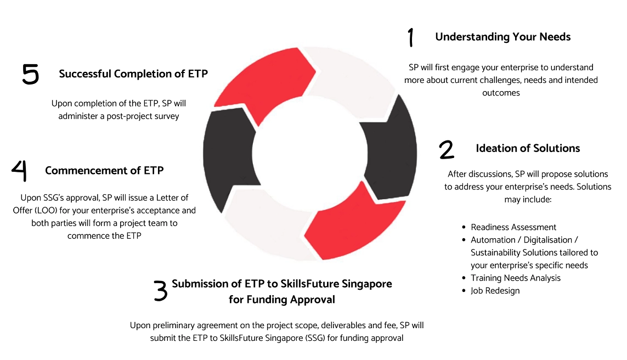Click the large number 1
pos(411,37)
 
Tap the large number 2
pos(446,149)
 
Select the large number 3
pos(160,291)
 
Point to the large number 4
pos(19,171)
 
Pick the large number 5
pos(31,74)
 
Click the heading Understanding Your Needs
pos(502,37)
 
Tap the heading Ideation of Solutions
pos(528,148)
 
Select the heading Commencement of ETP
pos(104,170)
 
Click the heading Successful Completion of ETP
pos(133,73)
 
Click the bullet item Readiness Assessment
pos(513,227)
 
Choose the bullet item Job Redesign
pos(495,290)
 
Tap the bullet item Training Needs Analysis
pos(516,278)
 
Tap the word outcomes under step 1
pos(501,93)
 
